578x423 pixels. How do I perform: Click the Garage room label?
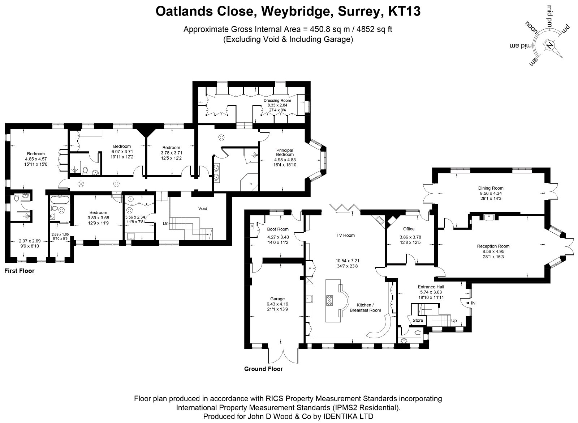coord(277,299)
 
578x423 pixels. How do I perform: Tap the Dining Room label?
coord(491,188)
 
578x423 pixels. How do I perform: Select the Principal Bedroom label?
coord(285,152)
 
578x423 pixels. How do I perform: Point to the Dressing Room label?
coord(277,100)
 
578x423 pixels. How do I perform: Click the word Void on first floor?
coord(203,208)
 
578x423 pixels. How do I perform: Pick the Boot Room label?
coord(278,229)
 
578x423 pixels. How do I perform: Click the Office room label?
coord(409,229)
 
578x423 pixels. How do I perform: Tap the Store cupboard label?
coord(418,320)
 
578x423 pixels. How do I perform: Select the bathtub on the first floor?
coord(60,200)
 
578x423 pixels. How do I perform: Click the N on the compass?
coord(549,46)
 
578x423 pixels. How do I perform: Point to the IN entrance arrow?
coord(470,303)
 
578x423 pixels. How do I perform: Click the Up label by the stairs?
coord(454,321)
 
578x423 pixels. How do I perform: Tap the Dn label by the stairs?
coord(166,223)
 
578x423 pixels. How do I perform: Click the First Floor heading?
coord(20,271)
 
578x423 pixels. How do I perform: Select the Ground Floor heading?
coord(263,369)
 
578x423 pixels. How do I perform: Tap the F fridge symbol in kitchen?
coord(310,268)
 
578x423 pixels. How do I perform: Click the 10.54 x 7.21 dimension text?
coord(347,261)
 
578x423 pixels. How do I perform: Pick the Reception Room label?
coord(493,246)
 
